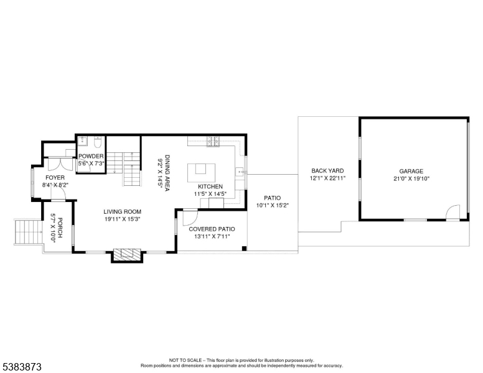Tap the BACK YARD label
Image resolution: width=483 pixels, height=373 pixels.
(x=327, y=170)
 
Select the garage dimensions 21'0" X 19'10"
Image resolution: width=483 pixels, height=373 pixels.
(x=411, y=178)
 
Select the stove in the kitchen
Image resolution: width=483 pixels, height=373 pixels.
(x=212, y=142)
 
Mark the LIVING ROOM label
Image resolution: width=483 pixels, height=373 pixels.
(x=123, y=211)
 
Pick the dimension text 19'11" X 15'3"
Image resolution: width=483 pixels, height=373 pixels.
(x=123, y=219)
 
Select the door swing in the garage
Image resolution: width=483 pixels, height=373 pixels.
(x=453, y=214)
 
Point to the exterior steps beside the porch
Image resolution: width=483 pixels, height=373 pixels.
(x=26, y=232)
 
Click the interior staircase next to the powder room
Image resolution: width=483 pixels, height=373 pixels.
(x=131, y=170)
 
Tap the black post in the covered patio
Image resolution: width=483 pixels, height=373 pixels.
(x=244, y=249)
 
